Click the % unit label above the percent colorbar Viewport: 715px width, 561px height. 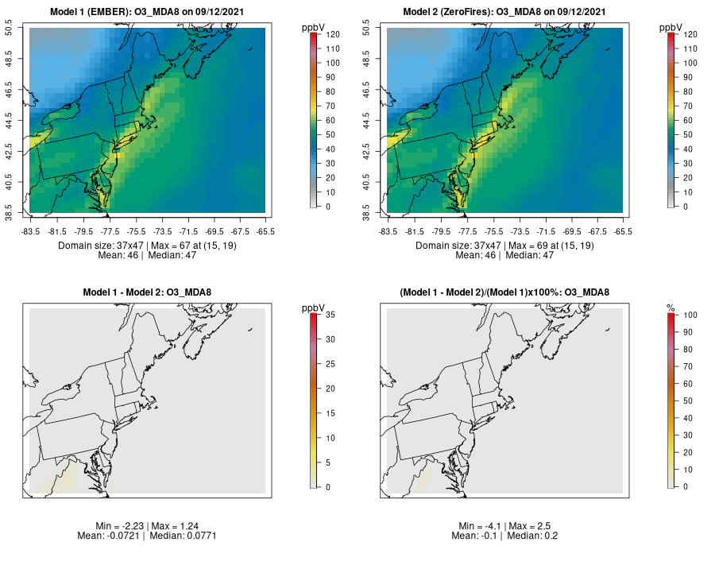[670, 308]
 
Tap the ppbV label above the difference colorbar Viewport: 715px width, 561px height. [312, 308]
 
